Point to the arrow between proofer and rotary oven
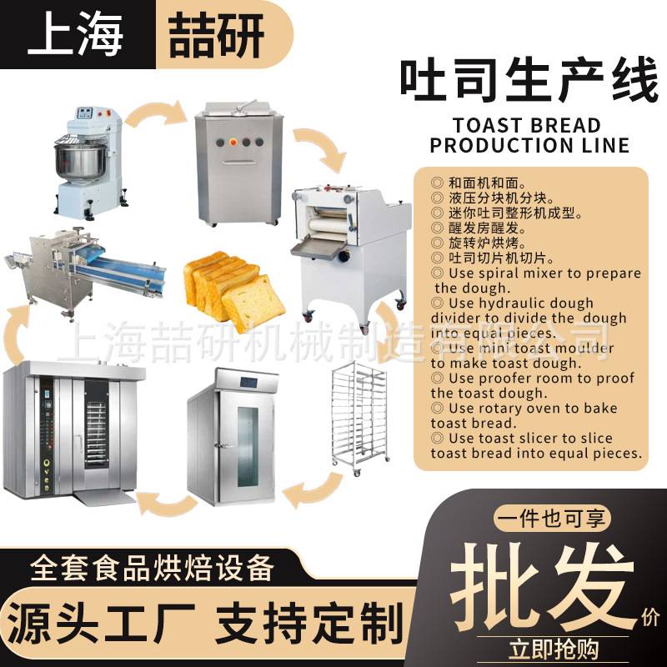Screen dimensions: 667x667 (x=167, y=501)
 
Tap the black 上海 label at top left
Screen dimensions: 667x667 (x=74, y=34)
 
